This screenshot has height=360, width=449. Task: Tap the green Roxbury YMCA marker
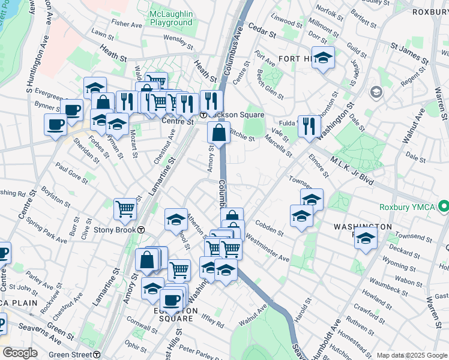coord(444,208)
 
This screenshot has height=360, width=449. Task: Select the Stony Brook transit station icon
coord(140,230)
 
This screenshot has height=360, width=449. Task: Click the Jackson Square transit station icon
coord(203,115)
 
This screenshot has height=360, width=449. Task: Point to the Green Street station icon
coord(97,354)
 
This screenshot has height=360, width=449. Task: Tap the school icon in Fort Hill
coord(324,59)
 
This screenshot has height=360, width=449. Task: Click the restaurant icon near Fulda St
coord(309,126)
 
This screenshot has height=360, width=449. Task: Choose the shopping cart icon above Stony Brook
coord(125,209)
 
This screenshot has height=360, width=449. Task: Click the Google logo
coord(20,353)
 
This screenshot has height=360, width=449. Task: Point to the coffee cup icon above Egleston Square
coord(172,298)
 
